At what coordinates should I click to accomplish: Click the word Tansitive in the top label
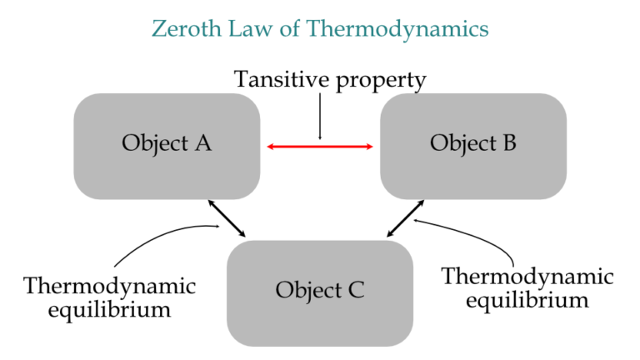[279, 80]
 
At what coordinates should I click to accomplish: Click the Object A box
[167, 145]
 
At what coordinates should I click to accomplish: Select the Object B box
[473, 145]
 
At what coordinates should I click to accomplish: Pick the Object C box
[320, 292]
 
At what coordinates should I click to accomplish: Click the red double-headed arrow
[320, 147]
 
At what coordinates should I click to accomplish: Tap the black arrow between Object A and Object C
[227, 218]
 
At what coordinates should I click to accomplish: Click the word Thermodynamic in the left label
[110, 287]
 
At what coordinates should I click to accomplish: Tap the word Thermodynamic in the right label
[527, 277]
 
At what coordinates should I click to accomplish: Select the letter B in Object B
[508, 143]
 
